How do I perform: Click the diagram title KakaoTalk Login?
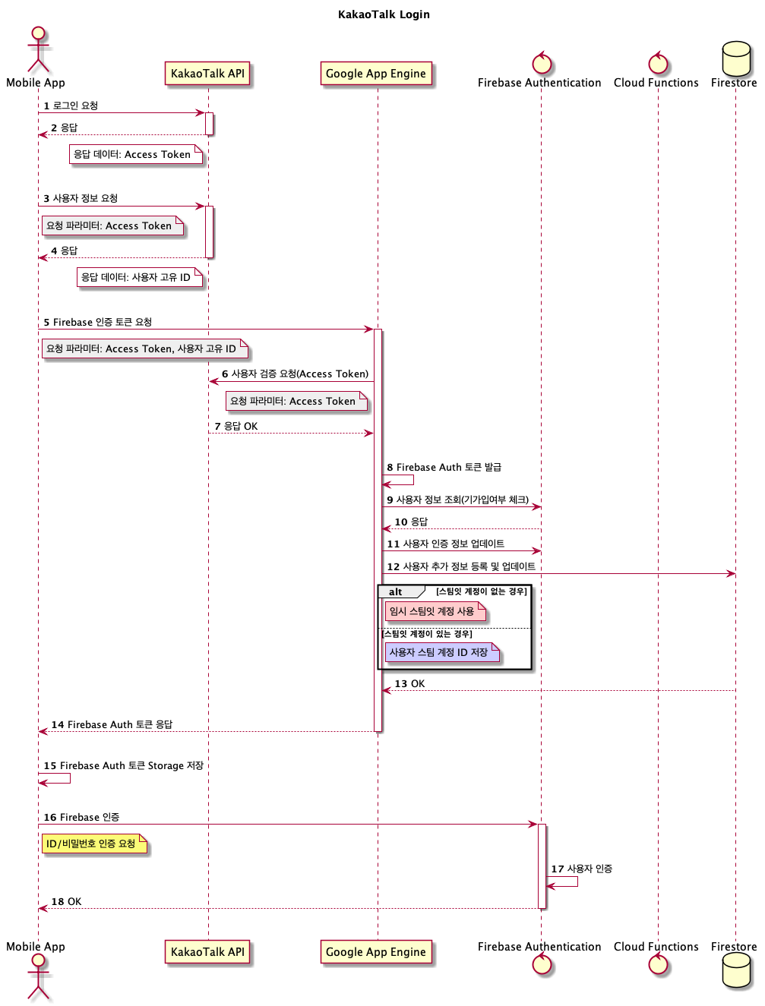coord(384,14)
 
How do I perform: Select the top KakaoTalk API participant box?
coord(207,74)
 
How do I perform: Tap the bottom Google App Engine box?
coord(376,952)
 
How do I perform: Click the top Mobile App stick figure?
coord(38,50)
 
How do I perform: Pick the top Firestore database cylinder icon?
coord(735,58)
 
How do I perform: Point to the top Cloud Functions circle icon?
coord(658,63)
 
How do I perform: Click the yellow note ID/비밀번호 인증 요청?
coord(93,844)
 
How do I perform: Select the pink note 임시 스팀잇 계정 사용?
coord(434,611)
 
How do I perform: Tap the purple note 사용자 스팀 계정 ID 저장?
coord(441,652)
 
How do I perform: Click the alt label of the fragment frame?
coord(396,592)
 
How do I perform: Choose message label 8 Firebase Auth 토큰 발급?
coord(444,468)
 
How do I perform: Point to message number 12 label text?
coord(460,566)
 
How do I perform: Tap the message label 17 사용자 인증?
coord(581,869)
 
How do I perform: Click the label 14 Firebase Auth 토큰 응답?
coord(112,725)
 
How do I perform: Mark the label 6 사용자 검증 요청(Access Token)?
coord(295,374)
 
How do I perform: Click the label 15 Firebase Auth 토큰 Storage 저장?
coord(123,766)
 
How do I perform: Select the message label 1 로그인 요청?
coord(71,106)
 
